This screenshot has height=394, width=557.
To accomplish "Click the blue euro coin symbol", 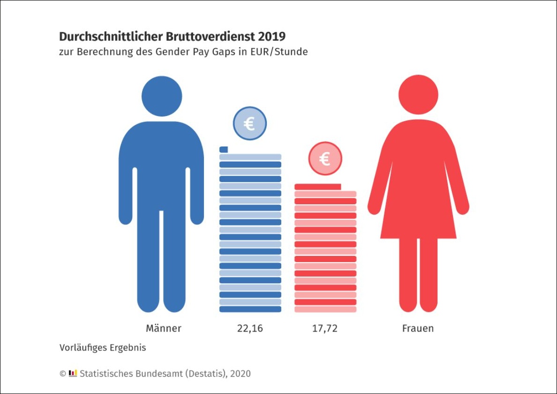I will pos(249,124).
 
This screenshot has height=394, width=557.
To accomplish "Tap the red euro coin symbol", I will pos(325,159).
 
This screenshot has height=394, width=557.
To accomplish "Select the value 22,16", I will pos(250,328).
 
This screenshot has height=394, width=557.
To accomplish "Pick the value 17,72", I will pos(325,328).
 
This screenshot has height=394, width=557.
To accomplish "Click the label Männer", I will pos(163,328).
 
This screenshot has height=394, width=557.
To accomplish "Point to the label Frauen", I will pos(418,328).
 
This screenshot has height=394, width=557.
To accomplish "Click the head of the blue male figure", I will pos(162,96).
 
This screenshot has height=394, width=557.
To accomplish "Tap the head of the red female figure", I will pos(418,94).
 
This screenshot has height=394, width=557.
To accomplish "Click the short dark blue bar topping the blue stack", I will pos(224,149).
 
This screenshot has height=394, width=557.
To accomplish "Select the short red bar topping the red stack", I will pos(317,186).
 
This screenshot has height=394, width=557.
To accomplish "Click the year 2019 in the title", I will pos(272,36).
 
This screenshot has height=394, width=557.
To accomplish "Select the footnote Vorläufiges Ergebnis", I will pos(103,348).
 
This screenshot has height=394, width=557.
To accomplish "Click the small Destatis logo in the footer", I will pos(73,373).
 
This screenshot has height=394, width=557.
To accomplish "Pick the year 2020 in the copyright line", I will pos(240,374).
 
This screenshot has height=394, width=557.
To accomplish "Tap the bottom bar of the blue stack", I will pos(250,309).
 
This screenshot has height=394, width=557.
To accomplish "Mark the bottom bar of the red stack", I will pos(325,309).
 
